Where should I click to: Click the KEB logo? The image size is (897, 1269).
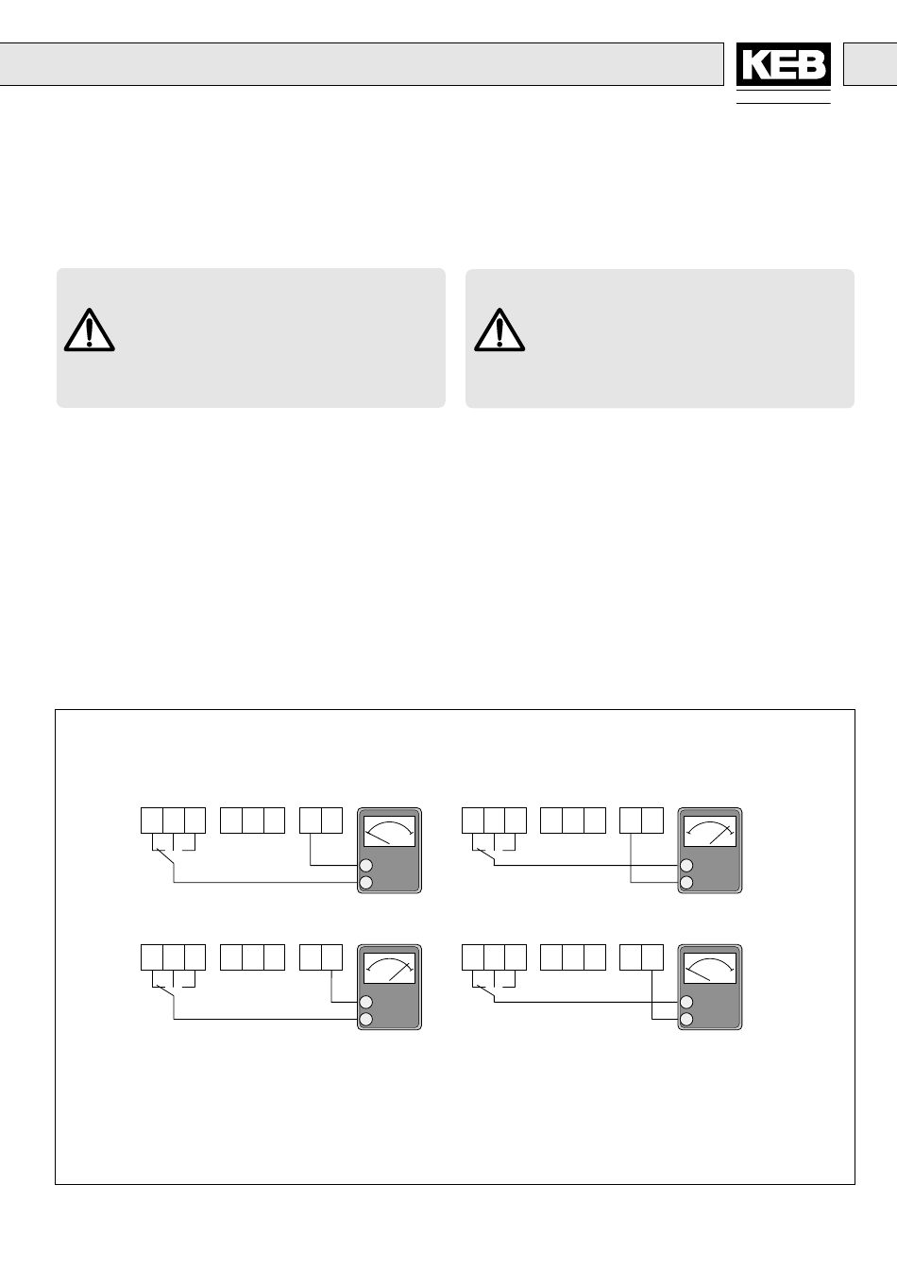coord(783,65)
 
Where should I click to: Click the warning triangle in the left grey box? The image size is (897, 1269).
coord(90,330)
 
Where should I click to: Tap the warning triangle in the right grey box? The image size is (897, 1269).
coord(499,330)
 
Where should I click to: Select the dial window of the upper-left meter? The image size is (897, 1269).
coord(389,832)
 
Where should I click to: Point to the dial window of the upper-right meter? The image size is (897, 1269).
coord(710,832)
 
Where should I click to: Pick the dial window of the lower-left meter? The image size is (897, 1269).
coord(389,969)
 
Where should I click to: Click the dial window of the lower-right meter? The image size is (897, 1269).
coord(710,969)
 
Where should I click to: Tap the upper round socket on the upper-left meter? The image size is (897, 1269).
coord(365,866)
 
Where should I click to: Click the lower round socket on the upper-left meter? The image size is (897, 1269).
coord(365,883)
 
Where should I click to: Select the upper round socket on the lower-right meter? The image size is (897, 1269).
coord(686,1003)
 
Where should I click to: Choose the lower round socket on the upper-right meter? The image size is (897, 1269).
coord(686,883)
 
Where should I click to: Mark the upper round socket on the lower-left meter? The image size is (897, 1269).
coord(365,1003)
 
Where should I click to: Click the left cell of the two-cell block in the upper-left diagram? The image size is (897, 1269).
coord(311,820)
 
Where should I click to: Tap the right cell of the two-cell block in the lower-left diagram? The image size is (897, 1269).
coord(331,956)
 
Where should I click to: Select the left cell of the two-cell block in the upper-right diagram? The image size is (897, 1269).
coord(631,820)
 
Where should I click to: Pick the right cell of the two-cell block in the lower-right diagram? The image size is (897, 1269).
coord(652,956)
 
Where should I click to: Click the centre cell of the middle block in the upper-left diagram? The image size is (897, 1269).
coord(252,820)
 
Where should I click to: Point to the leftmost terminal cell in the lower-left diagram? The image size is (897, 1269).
coord(152,956)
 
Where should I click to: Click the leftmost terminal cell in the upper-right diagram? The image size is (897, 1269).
coord(472,820)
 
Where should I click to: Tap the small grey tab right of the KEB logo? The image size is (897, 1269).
coord(870,64)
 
